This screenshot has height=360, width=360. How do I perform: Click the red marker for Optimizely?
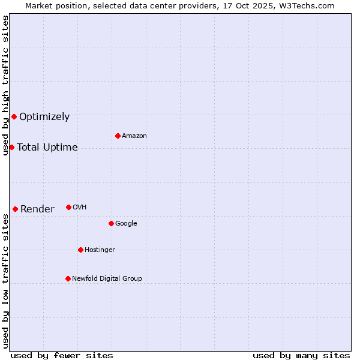click(x=14, y=116)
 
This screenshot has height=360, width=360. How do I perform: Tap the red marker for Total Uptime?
click(x=11, y=147)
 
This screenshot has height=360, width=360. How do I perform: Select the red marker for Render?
click(x=15, y=209)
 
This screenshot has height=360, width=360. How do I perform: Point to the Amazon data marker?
click(x=118, y=136)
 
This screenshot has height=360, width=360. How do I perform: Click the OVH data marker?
click(x=68, y=207)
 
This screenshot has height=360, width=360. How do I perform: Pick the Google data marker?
click(x=111, y=223)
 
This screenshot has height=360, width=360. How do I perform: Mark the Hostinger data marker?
click(x=80, y=250)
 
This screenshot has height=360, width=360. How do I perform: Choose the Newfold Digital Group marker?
click(x=68, y=278)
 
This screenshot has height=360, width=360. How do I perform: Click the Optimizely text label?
click(x=44, y=117)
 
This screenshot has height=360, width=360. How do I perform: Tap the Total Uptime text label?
click(x=47, y=148)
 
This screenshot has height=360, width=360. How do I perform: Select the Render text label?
click(x=37, y=209)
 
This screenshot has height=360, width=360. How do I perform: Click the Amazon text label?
click(x=134, y=136)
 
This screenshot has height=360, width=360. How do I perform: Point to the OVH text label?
click(x=80, y=208)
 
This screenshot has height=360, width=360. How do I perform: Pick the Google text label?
click(x=126, y=224)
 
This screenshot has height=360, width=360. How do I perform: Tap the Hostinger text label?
click(x=100, y=250)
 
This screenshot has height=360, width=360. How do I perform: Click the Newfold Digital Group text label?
click(x=107, y=279)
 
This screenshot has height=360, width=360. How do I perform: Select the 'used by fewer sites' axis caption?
click(x=62, y=355)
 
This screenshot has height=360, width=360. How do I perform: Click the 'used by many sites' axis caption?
click(x=301, y=355)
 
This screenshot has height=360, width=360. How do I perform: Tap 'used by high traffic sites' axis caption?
click(x=5, y=85)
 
